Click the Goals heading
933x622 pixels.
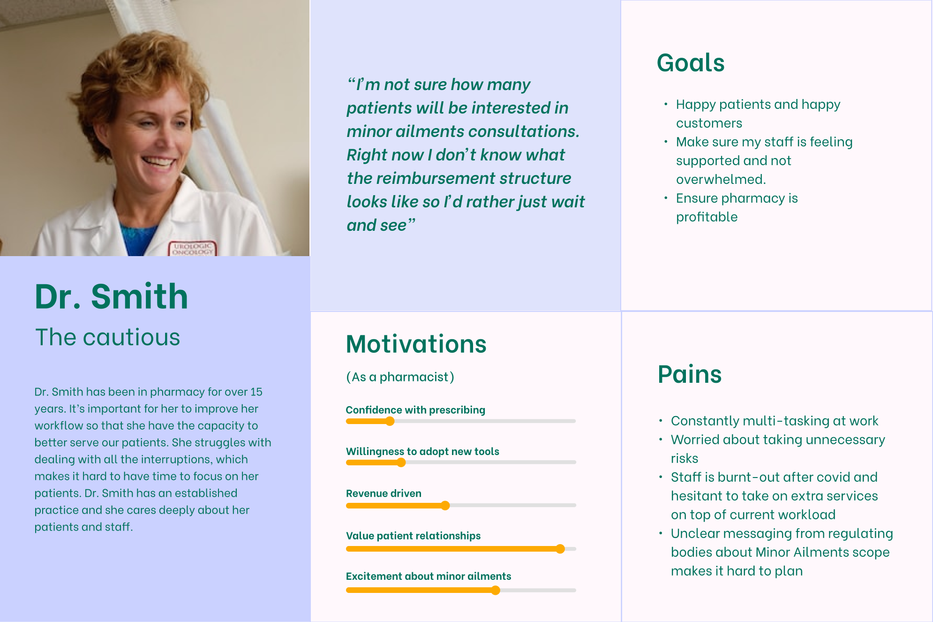pos(691,63)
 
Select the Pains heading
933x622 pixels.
pos(690,374)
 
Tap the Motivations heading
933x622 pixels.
pos(416,344)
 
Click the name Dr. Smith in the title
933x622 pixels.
pos(112,296)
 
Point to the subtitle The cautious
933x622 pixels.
pos(108,337)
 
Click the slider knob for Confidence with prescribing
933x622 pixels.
pos(390,421)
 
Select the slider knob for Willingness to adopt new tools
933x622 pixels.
pos(401,463)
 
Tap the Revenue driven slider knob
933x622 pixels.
pos(445,505)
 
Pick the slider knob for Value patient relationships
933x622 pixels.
pos(560,549)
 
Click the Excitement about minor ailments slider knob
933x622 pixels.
pos(496,591)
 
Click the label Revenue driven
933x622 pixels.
pos(384,493)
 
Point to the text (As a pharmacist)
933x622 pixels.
pos(400,377)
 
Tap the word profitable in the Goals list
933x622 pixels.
pos(707,217)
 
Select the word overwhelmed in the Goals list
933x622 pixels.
pos(721,179)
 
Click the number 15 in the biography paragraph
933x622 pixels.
pos(256,392)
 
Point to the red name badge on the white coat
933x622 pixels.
pos(192,249)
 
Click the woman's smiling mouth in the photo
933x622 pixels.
pos(158,162)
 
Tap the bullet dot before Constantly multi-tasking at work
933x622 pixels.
pos(661,421)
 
